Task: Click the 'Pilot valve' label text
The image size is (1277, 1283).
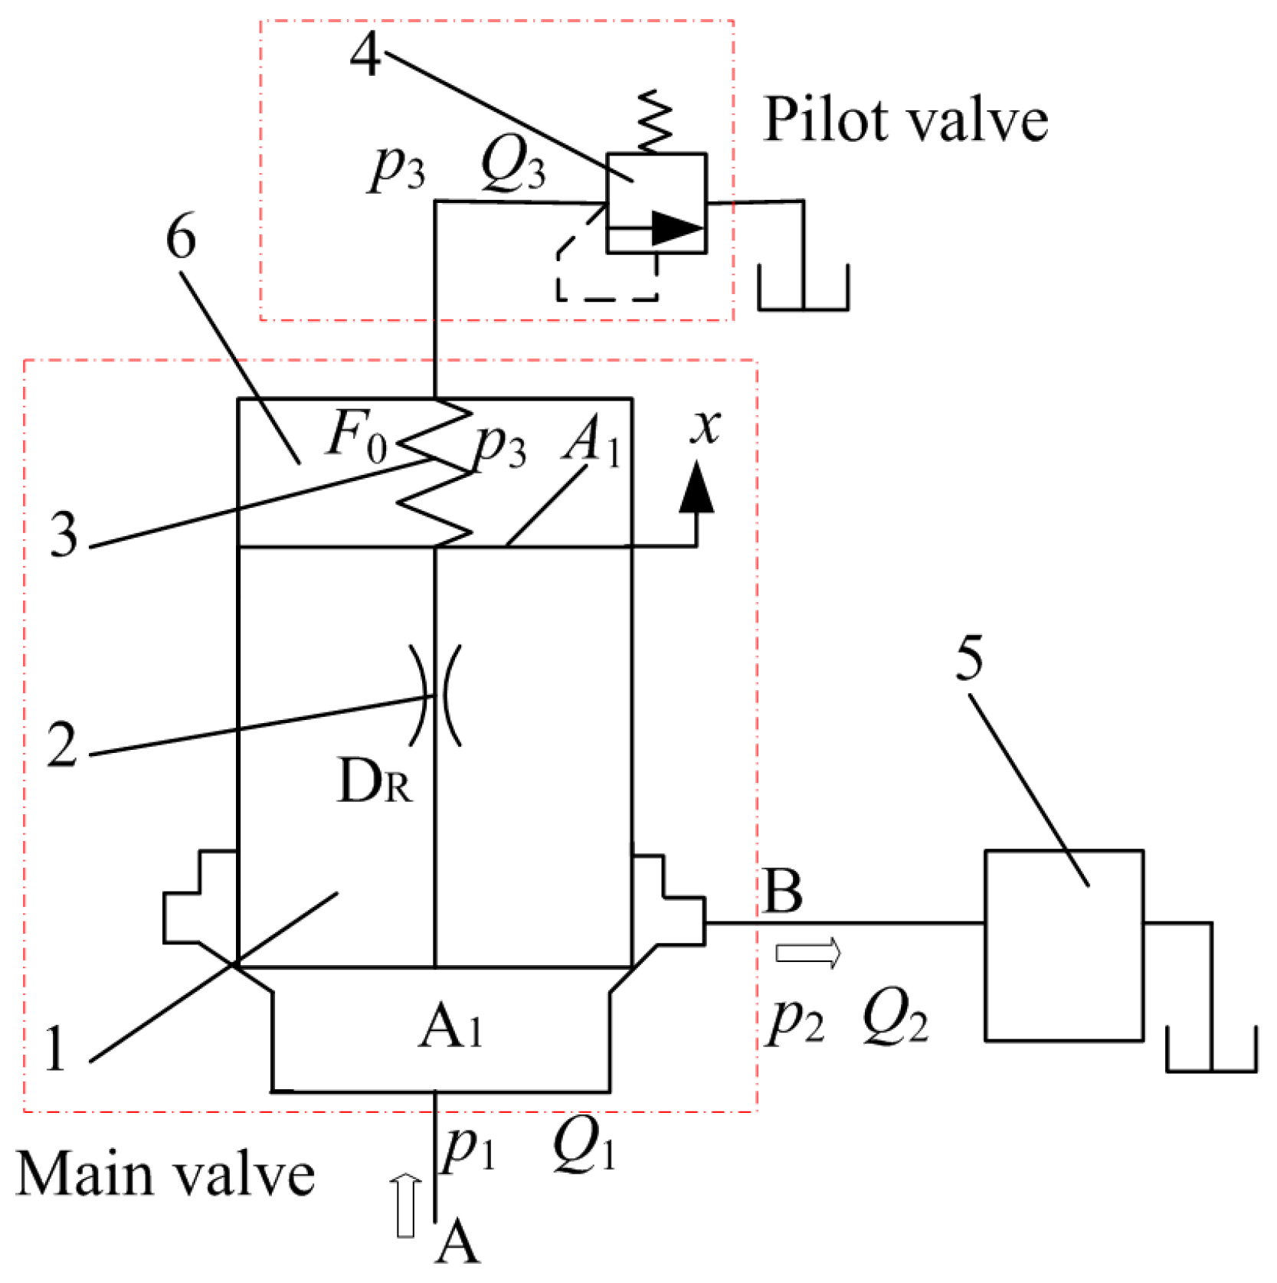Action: [905, 121]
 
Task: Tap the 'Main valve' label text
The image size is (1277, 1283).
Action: [165, 1174]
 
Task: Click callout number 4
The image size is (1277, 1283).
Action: [365, 55]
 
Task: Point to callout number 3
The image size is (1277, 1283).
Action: [64, 534]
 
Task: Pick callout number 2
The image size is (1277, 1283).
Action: [61, 744]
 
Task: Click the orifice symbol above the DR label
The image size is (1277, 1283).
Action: [435, 696]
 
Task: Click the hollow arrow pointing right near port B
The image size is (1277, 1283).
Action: [808, 954]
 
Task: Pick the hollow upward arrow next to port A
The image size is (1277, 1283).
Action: [405, 1206]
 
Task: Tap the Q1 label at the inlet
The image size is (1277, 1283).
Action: [584, 1147]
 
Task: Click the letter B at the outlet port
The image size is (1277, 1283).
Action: [783, 892]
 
